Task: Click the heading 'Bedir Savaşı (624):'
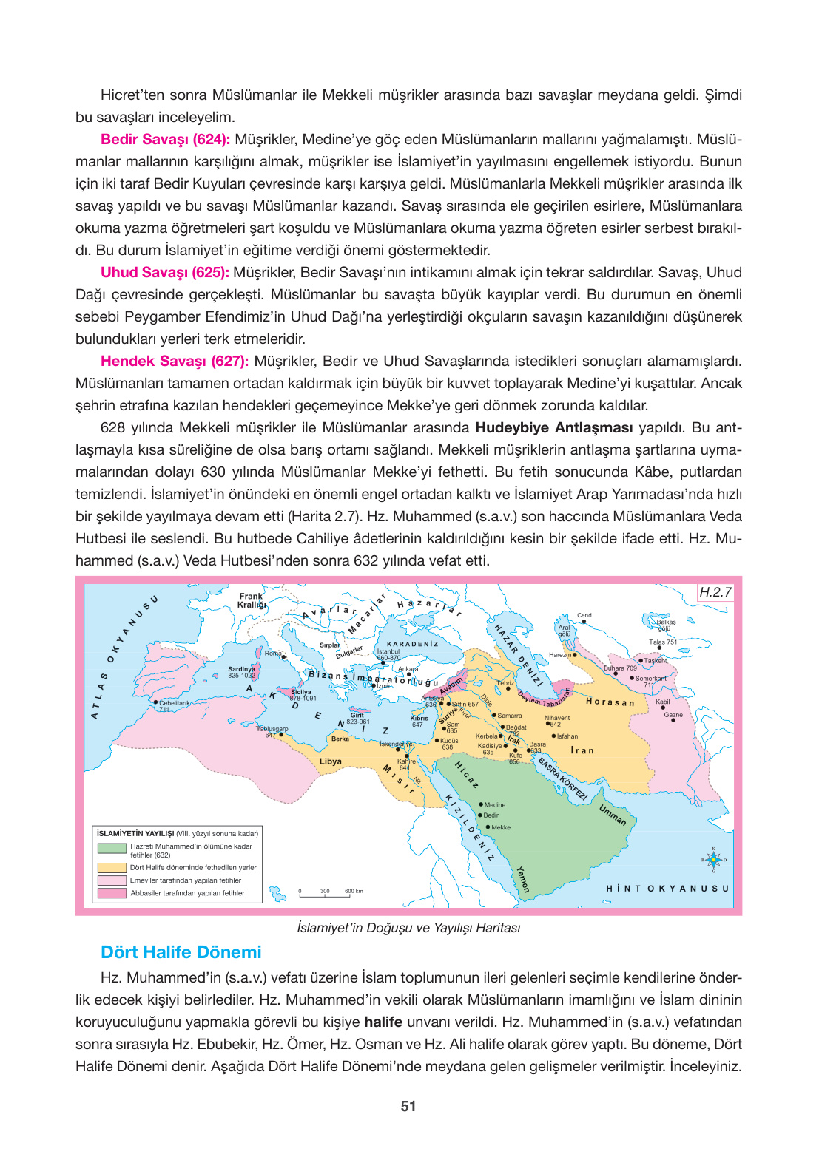click(x=165, y=139)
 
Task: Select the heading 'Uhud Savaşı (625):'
click(x=164, y=272)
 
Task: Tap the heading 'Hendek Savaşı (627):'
click(x=175, y=361)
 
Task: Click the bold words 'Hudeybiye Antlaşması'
click(x=553, y=427)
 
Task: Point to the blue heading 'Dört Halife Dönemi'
click(x=181, y=952)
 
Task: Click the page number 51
click(x=408, y=1107)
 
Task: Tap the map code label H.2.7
click(x=715, y=592)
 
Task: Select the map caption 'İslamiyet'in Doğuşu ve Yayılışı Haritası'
click(x=408, y=928)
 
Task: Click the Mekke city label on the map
click(x=500, y=827)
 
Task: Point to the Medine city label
click(x=494, y=804)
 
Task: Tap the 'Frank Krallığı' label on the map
click(x=252, y=600)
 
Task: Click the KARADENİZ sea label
click(x=412, y=644)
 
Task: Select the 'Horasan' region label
click(x=610, y=702)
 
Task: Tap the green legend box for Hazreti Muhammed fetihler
click(x=112, y=849)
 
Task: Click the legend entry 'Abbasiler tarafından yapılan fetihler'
click(x=187, y=893)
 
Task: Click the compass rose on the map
click(x=713, y=860)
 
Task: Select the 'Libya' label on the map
click(x=330, y=761)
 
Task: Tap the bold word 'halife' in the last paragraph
click(x=383, y=1022)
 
